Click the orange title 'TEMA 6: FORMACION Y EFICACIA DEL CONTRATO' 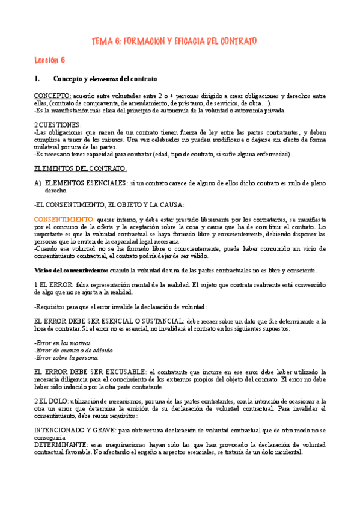[x=174, y=41]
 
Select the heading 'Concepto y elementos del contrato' [x=105, y=79]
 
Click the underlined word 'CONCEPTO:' [x=52, y=96]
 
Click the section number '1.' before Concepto [x=37, y=79]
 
